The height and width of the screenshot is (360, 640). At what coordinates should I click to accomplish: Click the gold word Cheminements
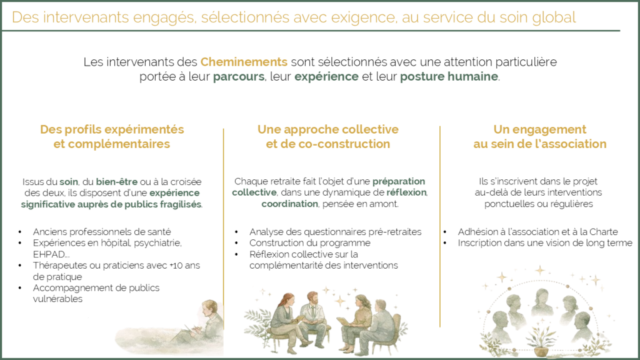point(244,62)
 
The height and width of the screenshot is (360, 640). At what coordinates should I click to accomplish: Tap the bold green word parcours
point(239,77)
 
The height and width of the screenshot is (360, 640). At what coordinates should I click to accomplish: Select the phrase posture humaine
point(449,77)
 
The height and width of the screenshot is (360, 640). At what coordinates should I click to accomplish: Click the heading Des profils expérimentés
point(112,129)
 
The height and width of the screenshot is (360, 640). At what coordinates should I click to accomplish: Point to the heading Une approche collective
point(327,129)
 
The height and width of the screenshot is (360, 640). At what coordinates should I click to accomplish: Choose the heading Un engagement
point(539,129)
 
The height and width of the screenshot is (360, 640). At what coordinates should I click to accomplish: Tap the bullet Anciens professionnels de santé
point(102,232)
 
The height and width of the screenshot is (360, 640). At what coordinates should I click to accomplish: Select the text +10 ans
point(185,265)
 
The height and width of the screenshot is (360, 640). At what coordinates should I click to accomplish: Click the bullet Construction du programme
point(310,243)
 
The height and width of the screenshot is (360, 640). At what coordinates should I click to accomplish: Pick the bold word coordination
point(289,204)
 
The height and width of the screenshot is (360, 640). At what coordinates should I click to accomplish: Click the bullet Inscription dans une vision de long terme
point(545,243)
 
